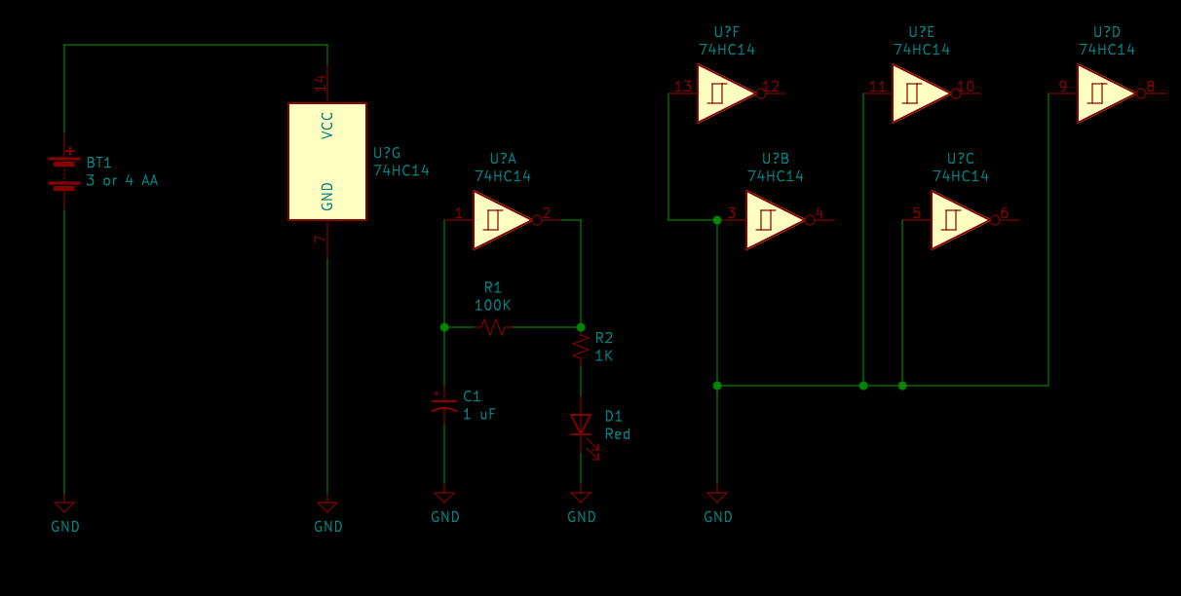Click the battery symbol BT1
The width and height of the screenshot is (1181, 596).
point(64,171)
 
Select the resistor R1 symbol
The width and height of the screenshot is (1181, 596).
point(493,327)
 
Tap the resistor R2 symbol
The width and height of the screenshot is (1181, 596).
point(581,348)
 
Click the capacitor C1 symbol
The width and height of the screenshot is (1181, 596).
point(444,405)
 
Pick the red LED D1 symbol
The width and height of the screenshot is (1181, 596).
point(581,425)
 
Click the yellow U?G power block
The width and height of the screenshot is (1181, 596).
point(327,162)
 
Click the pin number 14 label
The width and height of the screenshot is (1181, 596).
point(321,84)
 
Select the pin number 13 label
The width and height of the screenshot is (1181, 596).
point(683,87)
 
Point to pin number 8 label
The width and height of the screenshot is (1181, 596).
point(1150,87)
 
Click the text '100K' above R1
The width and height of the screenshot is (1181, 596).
point(493,305)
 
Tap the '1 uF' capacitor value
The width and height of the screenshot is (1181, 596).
point(479,414)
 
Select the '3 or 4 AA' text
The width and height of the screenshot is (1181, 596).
point(122,180)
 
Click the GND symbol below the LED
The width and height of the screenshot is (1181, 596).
point(581,499)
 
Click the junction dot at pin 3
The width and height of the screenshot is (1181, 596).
point(717,220)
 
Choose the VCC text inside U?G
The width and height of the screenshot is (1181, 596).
point(327,125)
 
